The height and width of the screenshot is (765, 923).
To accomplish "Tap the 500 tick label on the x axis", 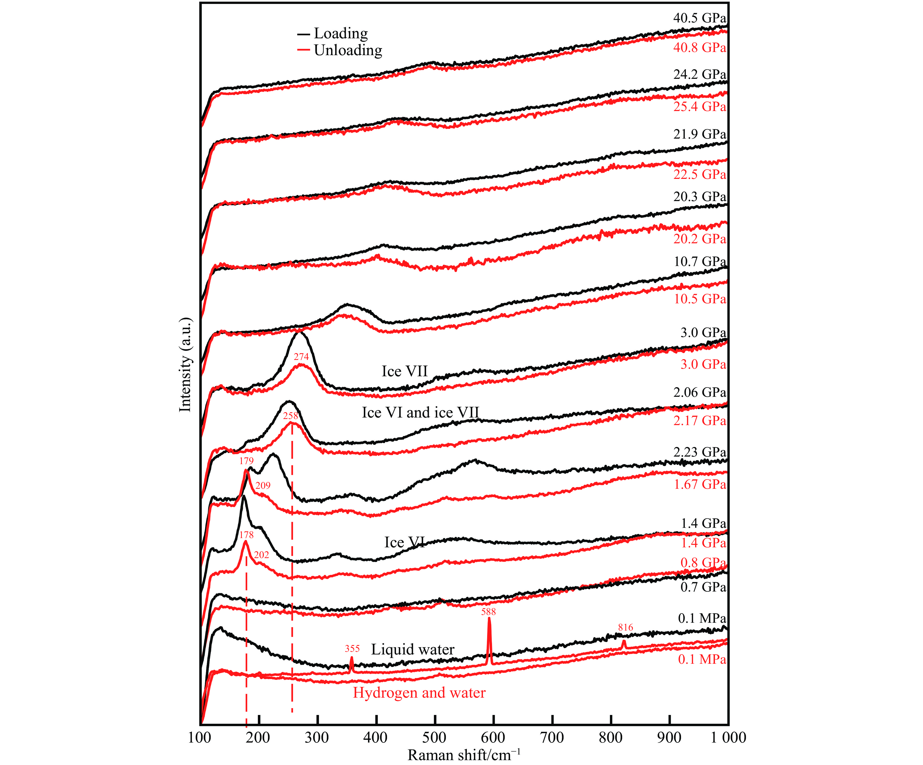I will [x=435, y=737].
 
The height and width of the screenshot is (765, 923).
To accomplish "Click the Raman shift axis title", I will [x=464, y=755].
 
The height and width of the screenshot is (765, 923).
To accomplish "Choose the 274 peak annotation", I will [x=302, y=357].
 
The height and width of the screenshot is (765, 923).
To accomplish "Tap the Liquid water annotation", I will [x=413, y=650].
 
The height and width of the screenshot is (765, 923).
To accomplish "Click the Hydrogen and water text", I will [x=419, y=693].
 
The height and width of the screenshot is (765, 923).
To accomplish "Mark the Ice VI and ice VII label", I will [x=421, y=412].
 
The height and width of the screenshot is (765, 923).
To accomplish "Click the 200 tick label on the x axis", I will [x=258, y=737].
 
